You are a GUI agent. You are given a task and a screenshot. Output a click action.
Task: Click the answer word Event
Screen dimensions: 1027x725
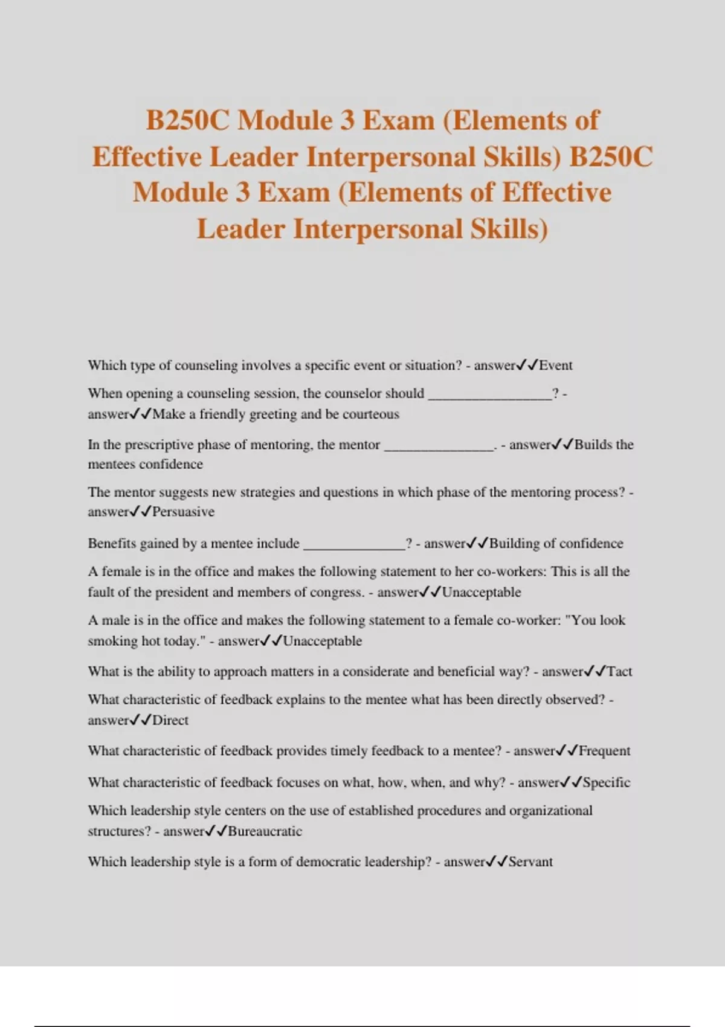coord(555,365)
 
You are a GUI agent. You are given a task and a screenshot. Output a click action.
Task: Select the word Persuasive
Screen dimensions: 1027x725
coord(183,512)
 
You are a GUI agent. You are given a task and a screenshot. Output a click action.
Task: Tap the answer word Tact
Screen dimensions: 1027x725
coord(619,671)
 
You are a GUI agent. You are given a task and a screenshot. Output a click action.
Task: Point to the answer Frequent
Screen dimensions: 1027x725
coord(604,751)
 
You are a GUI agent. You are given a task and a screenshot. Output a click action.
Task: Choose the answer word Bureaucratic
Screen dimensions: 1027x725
coord(265,831)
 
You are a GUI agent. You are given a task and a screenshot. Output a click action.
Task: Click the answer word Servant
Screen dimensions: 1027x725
coord(530,862)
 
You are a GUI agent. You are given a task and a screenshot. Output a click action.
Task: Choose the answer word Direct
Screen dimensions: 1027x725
coord(170,720)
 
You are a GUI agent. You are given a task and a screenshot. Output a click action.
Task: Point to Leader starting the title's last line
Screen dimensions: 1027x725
coord(240,229)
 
